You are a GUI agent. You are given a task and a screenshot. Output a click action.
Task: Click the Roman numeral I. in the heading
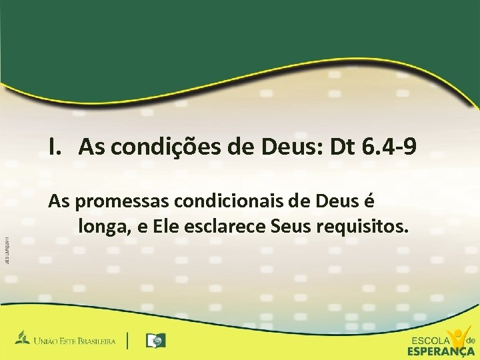click(57, 147)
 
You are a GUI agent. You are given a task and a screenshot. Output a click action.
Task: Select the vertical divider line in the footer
click(128, 340)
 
